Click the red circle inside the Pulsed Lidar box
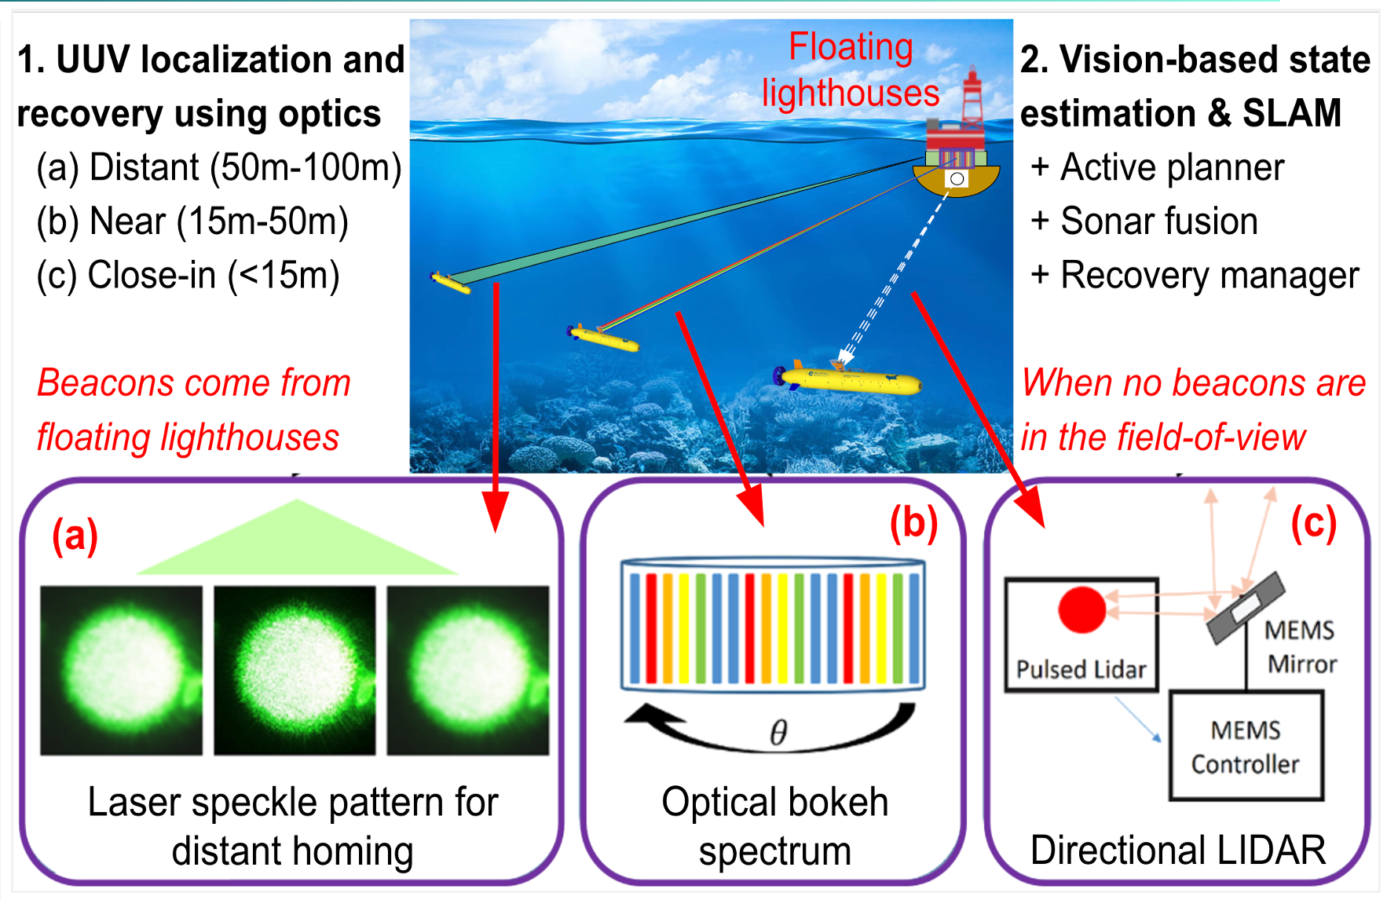coord(1081,609)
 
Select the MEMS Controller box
coord(1246,746)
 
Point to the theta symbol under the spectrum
coord(778,732)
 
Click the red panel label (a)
coord(75,536)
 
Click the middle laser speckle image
coord(295,670)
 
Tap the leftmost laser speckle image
coord(121,670)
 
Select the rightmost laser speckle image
coord(468,670)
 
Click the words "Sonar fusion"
coord(1158,221)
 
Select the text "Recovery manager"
coord(1210,275)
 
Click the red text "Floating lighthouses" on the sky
coord(851,71)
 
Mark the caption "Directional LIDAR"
coord(1177,850)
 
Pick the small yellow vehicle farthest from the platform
coord(451,282)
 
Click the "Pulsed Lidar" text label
coord(1081,669)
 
